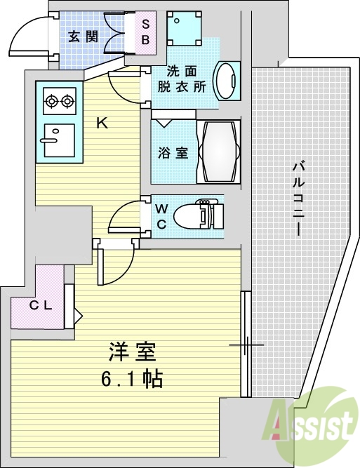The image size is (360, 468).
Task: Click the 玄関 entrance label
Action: coord(78,36)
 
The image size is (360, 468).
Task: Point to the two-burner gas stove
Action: coord(59,102)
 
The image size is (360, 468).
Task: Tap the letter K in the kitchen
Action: coord(102,123)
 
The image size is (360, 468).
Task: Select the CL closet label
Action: coord(38,305)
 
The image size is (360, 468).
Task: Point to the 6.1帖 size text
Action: coord(131,380)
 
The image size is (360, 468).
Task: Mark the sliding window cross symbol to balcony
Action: coord(246,345)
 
